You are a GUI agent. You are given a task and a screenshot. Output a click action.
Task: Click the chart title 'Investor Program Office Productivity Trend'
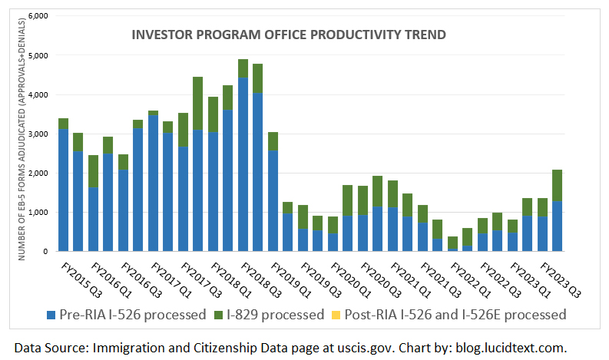(x=289, y=35)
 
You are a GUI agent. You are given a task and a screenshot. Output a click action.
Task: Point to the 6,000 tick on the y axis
(x=38, y=16)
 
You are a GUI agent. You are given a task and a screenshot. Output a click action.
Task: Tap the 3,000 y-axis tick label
(x=38, y=134)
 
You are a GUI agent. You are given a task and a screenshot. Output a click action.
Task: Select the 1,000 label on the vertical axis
(x=38, y=212)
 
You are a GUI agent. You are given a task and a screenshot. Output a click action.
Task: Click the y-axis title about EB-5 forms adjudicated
(x=22, y=134)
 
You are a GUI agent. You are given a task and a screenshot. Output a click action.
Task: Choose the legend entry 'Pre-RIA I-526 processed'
(x=127, y=314)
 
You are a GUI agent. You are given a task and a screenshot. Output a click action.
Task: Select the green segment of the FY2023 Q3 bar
(x=558, y=185)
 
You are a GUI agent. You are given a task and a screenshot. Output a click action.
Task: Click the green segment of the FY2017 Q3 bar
(x=197, y=103)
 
